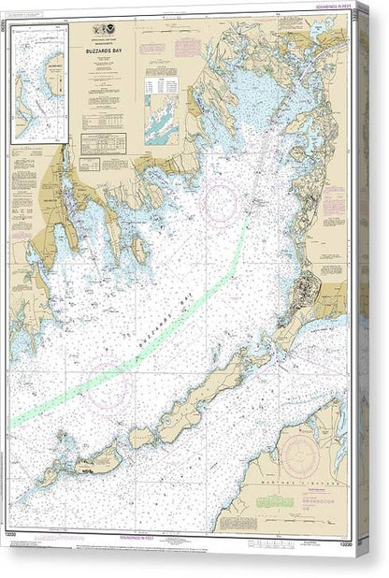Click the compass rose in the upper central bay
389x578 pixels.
[223, 198]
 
